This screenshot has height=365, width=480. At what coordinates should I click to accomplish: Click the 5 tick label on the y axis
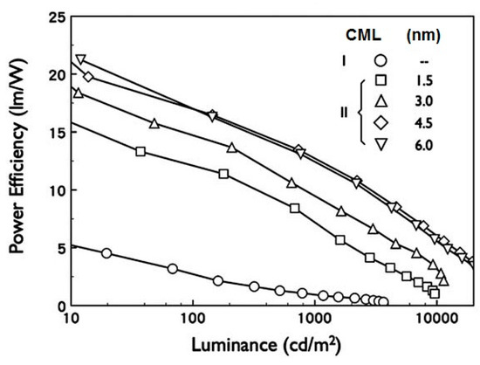coord(58,248)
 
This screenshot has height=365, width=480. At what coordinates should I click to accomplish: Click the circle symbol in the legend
coord(381,61)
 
